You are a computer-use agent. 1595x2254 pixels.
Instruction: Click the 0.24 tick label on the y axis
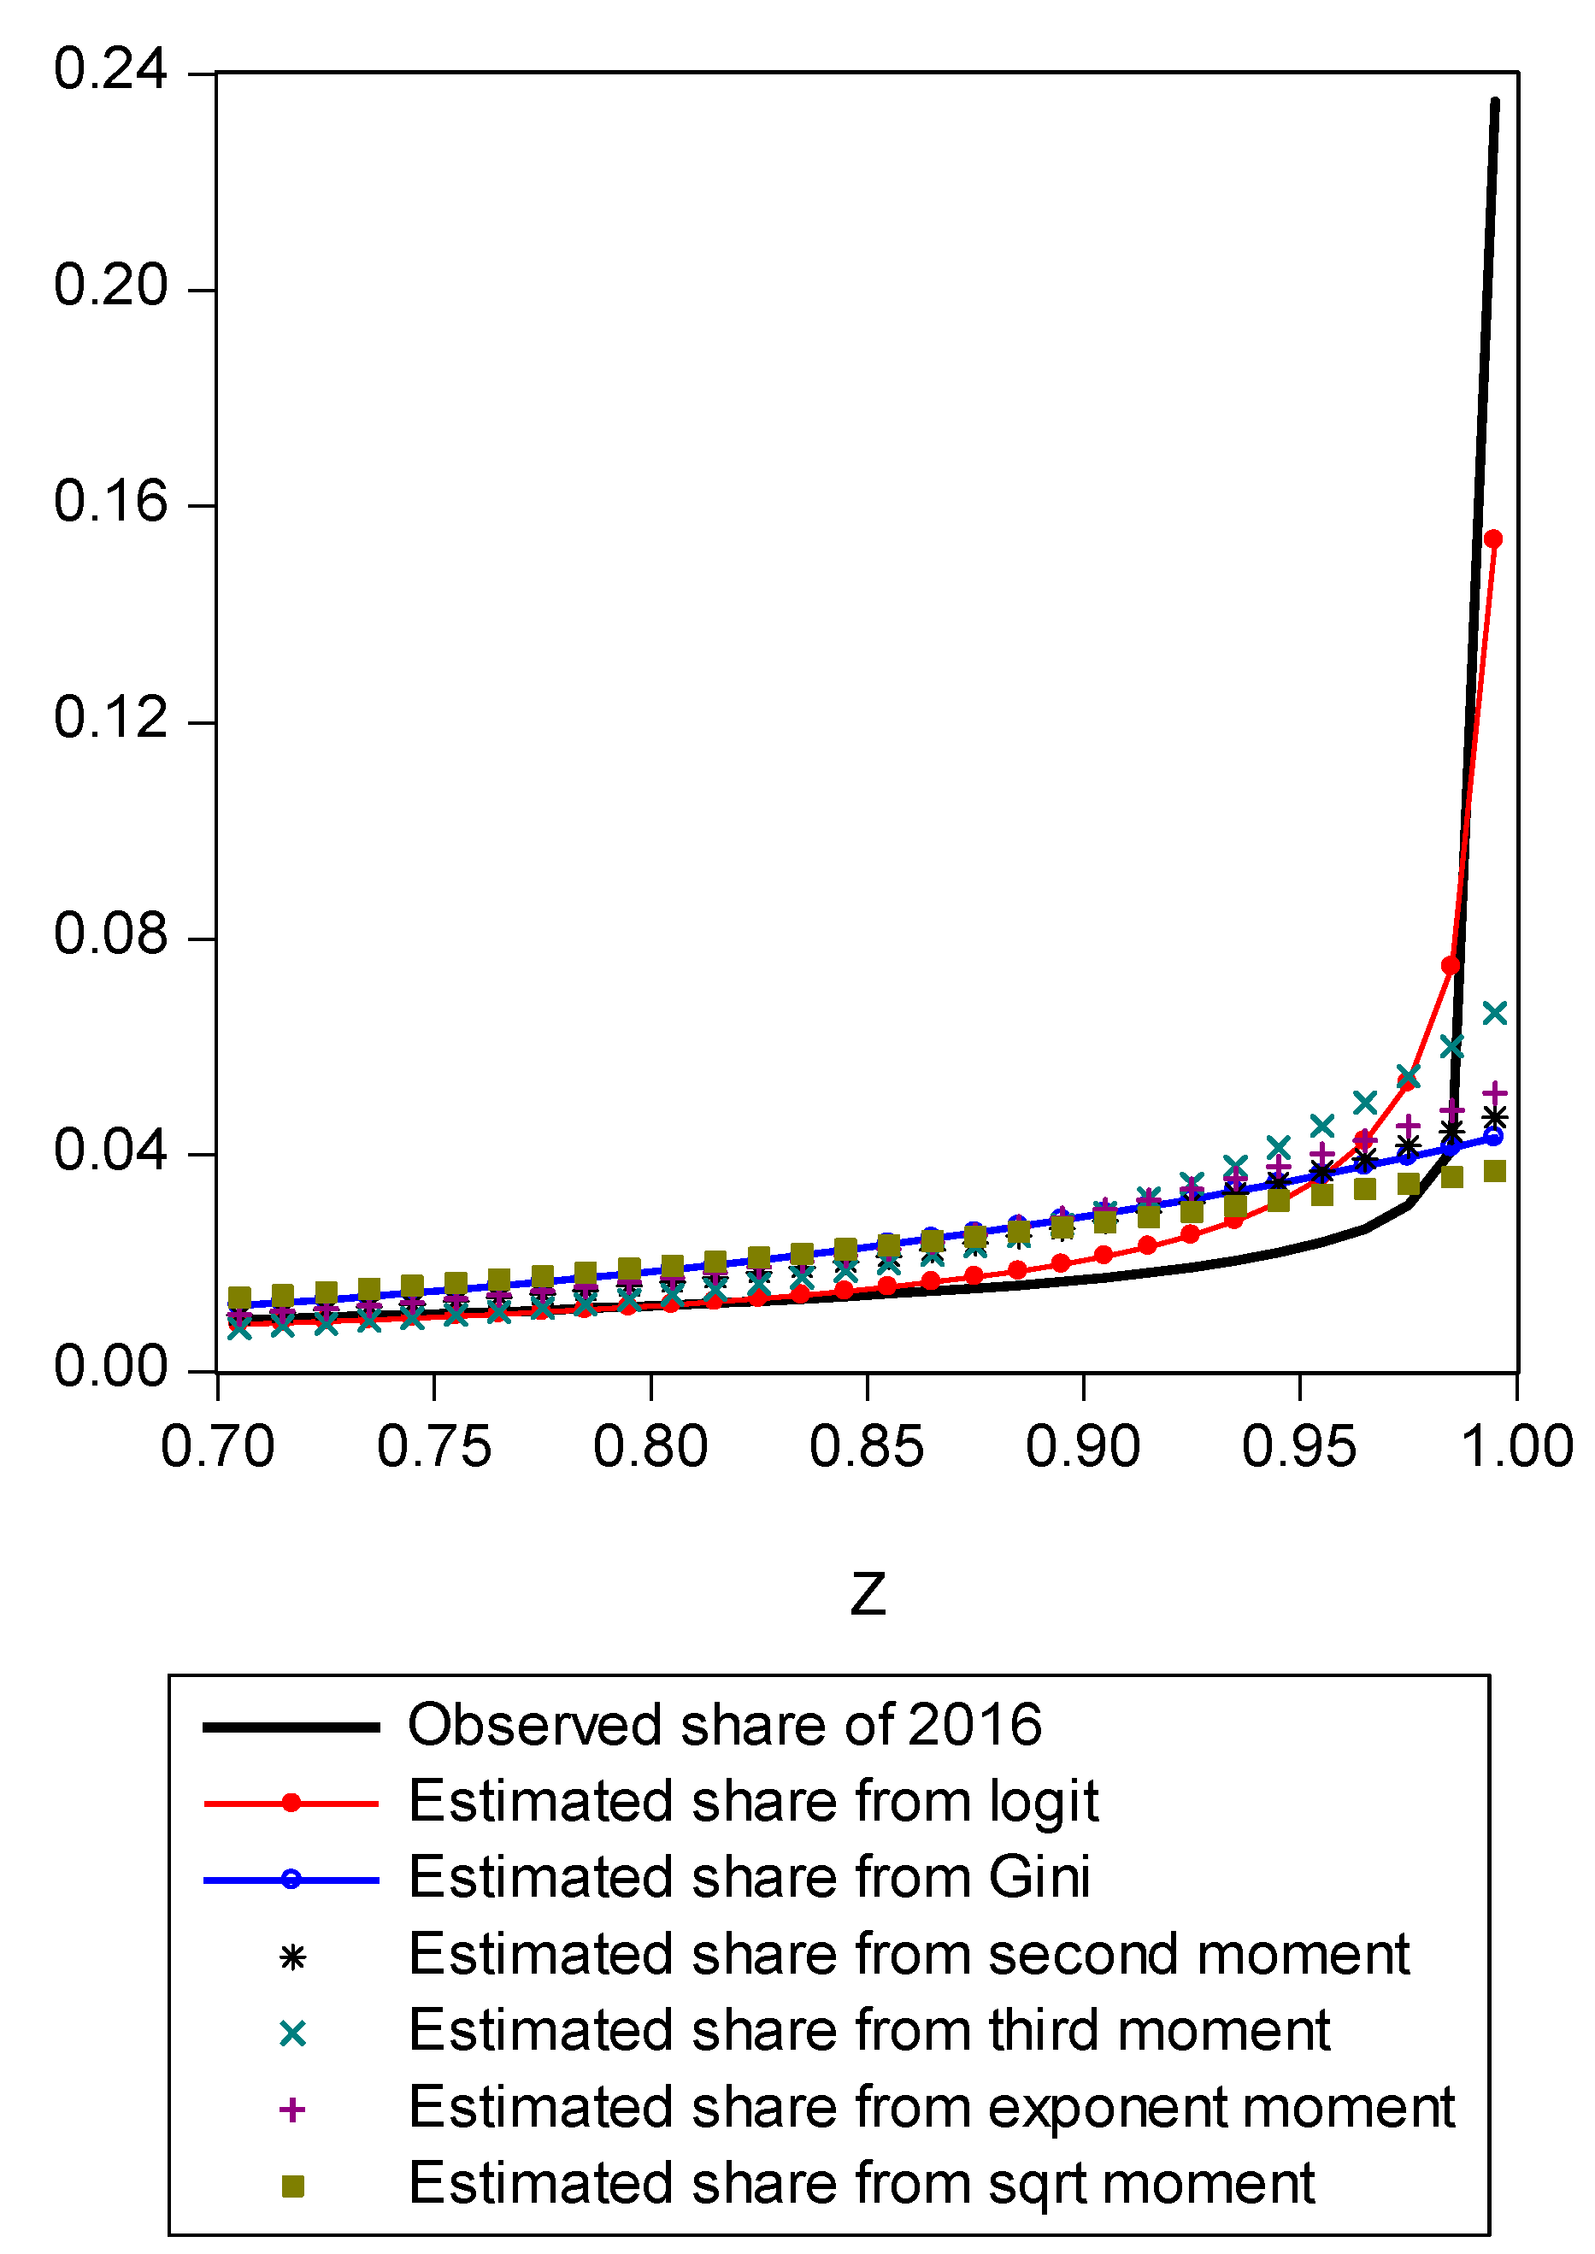click(x=110, y=71)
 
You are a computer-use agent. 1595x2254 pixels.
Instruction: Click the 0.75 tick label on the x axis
click(x=433, y=1448)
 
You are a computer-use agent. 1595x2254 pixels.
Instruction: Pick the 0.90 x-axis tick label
click(x=1082, y=1448)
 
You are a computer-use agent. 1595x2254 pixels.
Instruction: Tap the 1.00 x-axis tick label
click(x=1517, y=1448)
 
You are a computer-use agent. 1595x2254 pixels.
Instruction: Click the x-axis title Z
click(x=868, y=1594)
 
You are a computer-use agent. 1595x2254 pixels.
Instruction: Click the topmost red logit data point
click(x=1493, y=539)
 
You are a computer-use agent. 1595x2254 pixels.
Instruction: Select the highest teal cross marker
click(x=1494, y=1013)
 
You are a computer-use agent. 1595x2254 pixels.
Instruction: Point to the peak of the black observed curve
click(x=1495, y=102)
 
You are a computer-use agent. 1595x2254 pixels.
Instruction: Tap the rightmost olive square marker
click(x=1494, y=1171)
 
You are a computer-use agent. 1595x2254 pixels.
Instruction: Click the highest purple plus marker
click(x=1494, y=1092)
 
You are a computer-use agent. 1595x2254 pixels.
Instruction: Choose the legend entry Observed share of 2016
click(x=724, y=1726)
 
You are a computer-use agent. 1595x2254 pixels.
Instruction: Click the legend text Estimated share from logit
click(x=752, y=1801)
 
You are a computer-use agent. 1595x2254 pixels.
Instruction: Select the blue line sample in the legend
click(x=291, y=1880)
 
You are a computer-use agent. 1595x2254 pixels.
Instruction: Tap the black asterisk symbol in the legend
click(x=291, y=1958)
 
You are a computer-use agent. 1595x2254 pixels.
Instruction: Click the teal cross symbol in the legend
click(x=291, y=2034)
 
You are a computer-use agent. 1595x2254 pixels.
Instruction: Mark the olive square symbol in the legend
click(x=291, y=2186)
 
